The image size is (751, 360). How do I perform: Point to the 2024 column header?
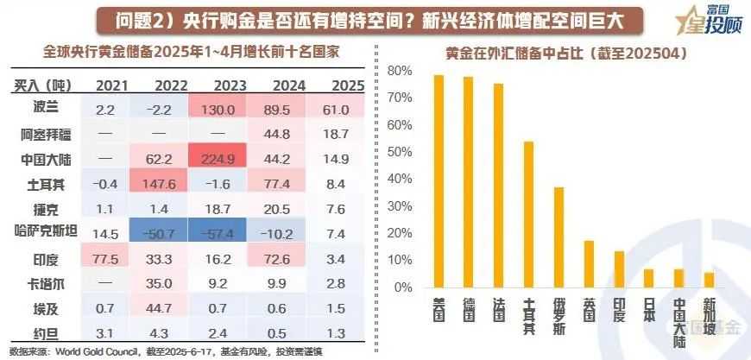289,85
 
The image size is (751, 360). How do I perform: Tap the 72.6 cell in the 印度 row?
289,259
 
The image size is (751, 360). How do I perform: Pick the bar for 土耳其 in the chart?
528,214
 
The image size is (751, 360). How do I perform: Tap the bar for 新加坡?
709,280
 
